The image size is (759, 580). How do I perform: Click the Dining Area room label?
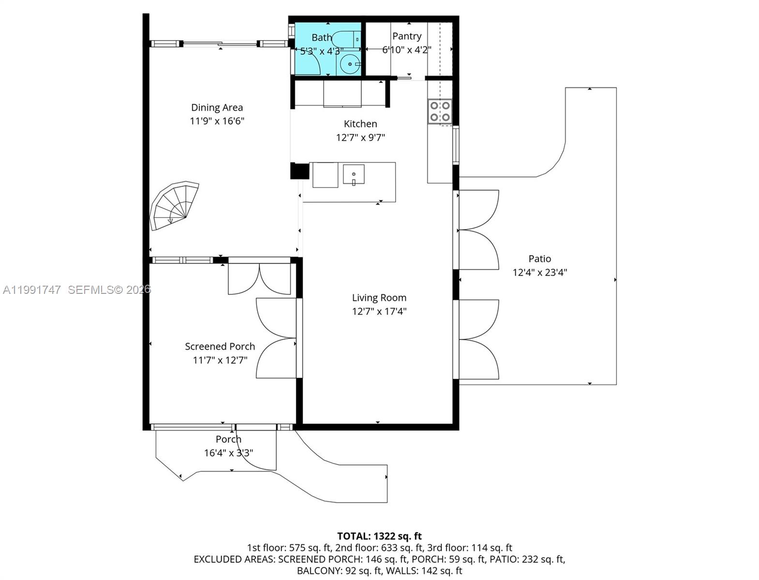pos(217,107)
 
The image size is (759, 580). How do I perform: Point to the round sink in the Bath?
pos(350,64)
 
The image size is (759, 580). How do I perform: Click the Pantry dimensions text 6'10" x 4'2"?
pos(406,49)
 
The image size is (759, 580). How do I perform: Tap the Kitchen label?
pos(360,124)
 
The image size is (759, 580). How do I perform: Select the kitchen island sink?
pos(354,174)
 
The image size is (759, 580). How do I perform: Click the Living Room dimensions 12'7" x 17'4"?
pos(379,311)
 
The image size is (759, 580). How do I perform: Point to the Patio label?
pos(539,259)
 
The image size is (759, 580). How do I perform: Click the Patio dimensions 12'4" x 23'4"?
pos(539,272)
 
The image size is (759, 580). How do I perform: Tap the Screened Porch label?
pos(220,346)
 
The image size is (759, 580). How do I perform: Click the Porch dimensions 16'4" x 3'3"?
pos(228,453)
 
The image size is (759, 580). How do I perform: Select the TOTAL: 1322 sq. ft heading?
pos(379,536)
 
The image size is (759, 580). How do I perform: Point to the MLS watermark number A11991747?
pos(32,290)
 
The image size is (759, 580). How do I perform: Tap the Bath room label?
pos(322,37)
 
